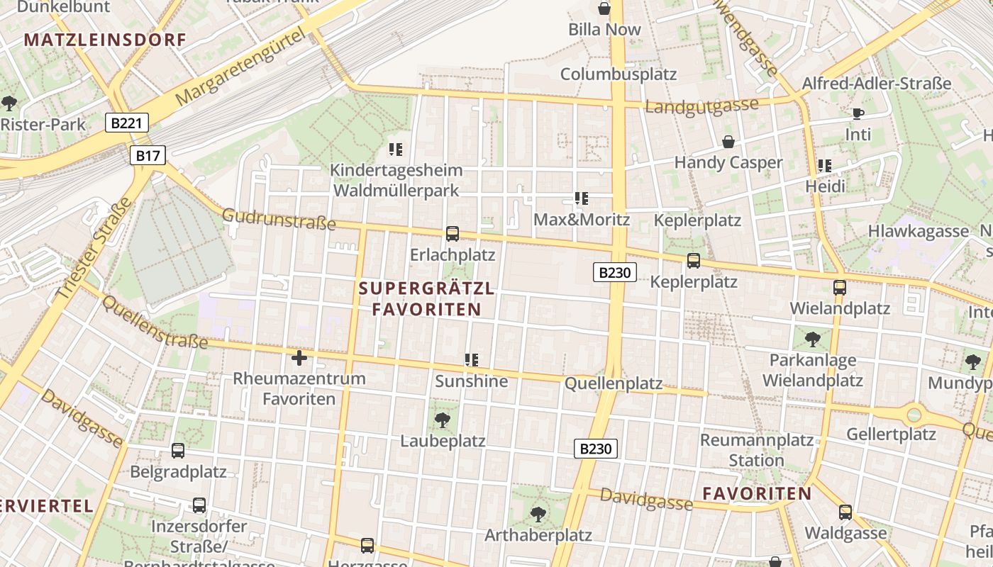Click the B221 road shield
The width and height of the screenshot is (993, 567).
[127, 123]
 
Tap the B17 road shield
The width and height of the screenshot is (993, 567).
[148, 155]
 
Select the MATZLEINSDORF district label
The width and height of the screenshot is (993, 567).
[105, 40]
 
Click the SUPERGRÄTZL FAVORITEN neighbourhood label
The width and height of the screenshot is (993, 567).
[427, 299]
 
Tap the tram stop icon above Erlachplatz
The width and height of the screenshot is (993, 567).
[452, 233]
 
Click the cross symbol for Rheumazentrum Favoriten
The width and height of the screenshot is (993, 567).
[299, 357]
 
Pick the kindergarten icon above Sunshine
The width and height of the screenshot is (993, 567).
[472, 360]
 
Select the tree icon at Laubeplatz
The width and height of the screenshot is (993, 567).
[443, 420]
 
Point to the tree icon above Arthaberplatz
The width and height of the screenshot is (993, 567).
[538, 513]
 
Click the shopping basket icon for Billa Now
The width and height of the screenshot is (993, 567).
[604, 9]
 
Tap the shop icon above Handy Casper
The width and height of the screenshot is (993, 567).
[728, 142]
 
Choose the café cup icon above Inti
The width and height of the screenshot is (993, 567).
[858, 113]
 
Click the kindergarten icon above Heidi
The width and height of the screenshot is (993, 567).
[825, 166]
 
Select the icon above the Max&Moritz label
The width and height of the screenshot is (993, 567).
[582, 198]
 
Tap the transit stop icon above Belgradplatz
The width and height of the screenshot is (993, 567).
[178, 450]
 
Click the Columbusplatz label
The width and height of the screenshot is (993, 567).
[618, 74]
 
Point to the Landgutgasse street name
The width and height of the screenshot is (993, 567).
[701, 106]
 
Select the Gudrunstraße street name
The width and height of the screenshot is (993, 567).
[279, 219]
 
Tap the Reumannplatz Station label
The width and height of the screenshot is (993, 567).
[757, 450]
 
